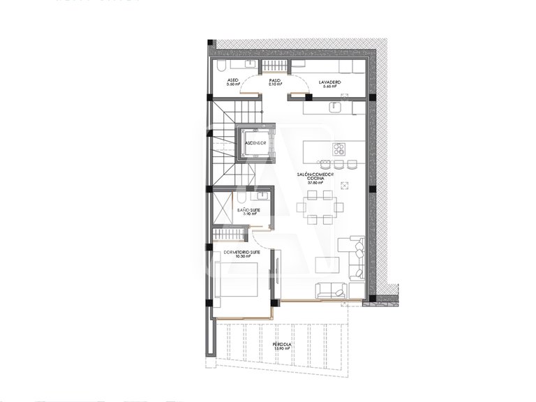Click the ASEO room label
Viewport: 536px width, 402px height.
point(233,80)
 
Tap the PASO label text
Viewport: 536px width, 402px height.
point(275,80)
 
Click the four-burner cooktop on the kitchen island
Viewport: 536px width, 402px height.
point(339,148)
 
